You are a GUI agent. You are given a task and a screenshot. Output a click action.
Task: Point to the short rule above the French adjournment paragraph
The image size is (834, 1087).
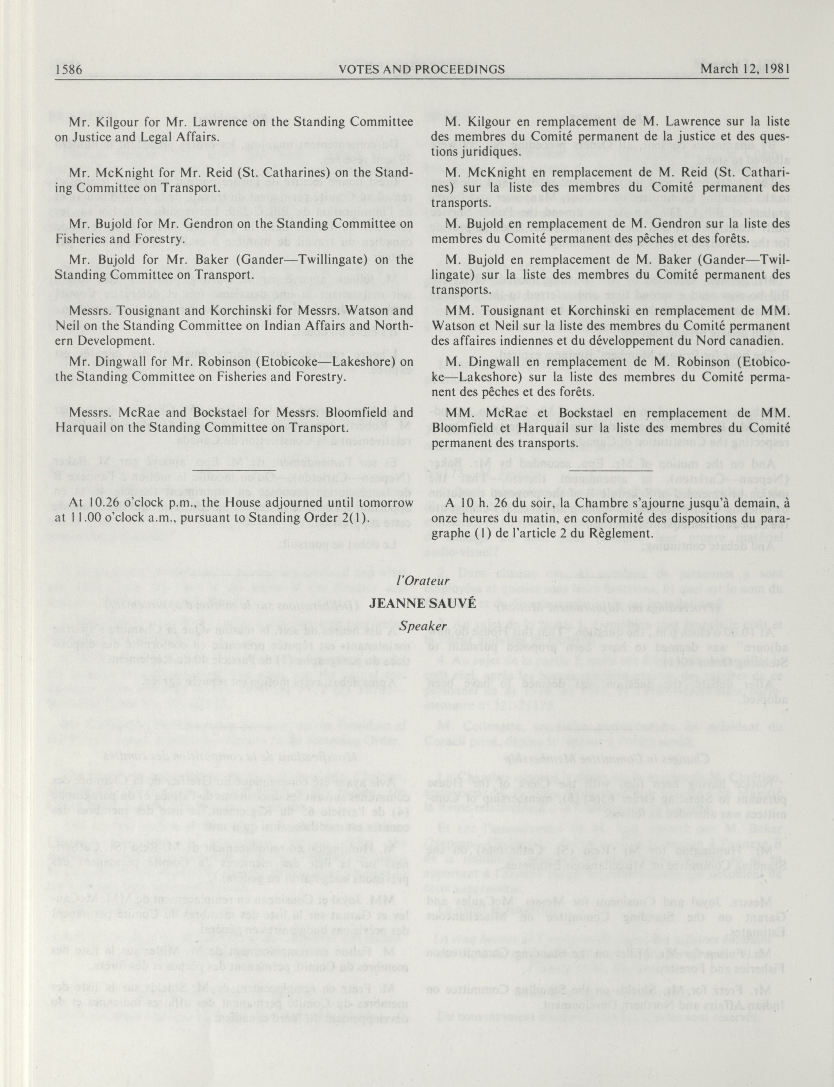click(611, 469)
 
